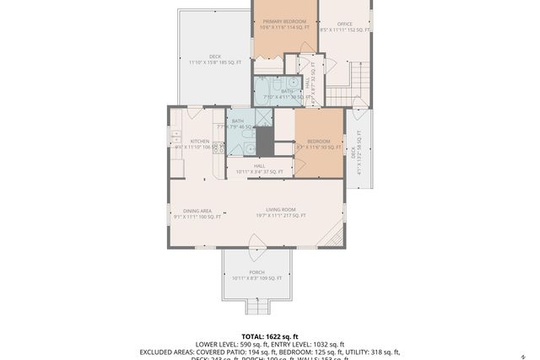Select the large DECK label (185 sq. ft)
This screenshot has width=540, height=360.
click(x=214, y=60)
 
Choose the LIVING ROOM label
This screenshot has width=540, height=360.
click(x=281, y=212)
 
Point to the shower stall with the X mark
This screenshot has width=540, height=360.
click(x=263, y=118)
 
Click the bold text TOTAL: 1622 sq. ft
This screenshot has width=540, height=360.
click(x=270, y=336)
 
